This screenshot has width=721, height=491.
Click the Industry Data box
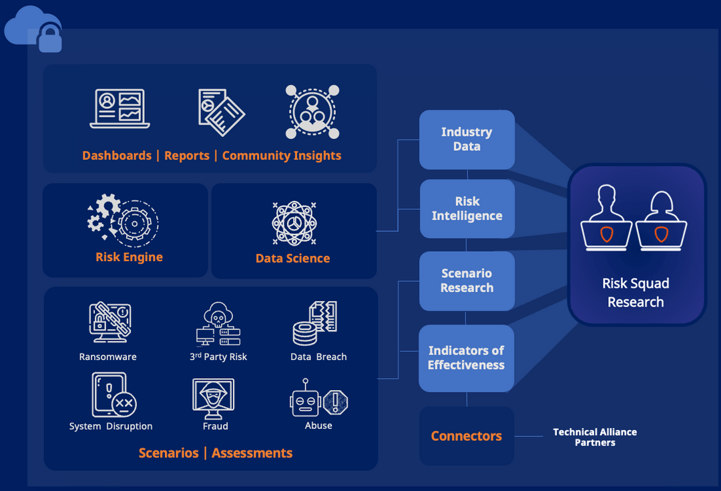click(467, 140)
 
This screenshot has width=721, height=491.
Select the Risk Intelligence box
click(467, 208)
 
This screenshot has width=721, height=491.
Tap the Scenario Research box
click(467, 281)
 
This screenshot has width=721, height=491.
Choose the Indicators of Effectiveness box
click(466, 358)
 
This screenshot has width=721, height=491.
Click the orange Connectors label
click(466, 436)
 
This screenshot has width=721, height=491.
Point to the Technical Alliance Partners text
click(595, 437)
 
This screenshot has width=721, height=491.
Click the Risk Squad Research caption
click(636, 293)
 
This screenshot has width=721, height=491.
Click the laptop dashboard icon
click(120, 108)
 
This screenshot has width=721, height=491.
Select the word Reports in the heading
click(187, 156)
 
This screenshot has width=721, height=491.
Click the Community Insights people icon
click(312, 111)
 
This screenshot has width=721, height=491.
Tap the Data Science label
click(292, 259)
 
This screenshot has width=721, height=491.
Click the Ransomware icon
click(109, 323)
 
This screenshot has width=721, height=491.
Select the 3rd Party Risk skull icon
click(217, 323)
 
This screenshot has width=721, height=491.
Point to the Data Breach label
click(318, 357)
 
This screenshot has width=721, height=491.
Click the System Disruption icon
click(112, 395)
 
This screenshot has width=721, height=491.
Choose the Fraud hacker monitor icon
click(213, 398)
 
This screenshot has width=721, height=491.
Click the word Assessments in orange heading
click(252, 453)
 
